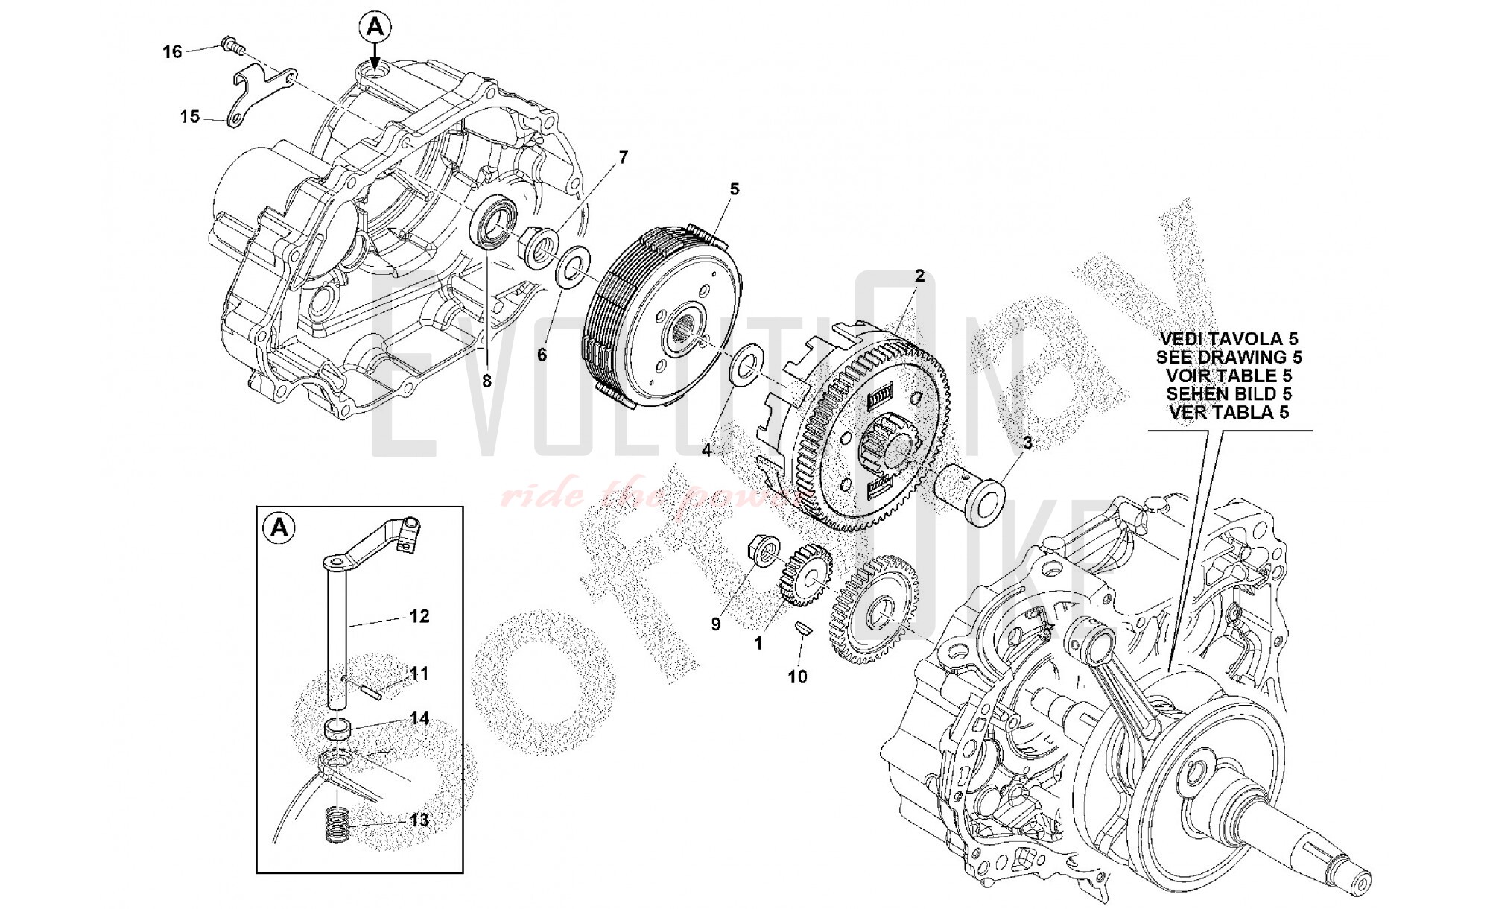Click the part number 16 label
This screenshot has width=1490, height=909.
click(172, 52)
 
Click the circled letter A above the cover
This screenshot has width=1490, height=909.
click(375, 28)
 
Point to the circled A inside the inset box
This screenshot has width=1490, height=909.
click(279, 528)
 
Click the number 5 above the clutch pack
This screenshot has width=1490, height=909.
click(735, 189)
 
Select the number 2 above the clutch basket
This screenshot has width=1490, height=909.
click(919, 276)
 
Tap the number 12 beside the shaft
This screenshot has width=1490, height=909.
click(419, 616)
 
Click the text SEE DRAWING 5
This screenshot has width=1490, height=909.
click(1229, 358)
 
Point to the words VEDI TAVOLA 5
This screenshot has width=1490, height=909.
click(1229, 340)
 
